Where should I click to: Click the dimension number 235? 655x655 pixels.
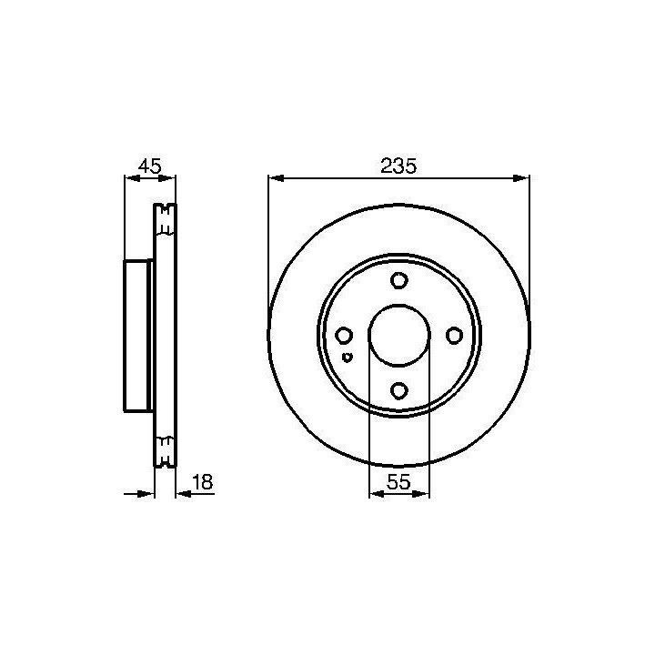point(398,166)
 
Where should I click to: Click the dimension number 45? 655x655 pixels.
point(149,166)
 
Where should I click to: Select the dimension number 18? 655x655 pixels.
point(202,481)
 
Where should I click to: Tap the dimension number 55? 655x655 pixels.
point(398,482)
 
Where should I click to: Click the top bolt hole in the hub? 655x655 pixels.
point(399,280)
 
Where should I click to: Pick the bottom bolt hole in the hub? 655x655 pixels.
point(399,390)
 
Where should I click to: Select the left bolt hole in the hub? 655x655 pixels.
point(344,336)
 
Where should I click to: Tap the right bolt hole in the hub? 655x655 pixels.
point(454,336)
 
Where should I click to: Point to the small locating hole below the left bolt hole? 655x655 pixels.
point(347,358)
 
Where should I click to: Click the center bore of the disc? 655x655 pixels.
point(399,336)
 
